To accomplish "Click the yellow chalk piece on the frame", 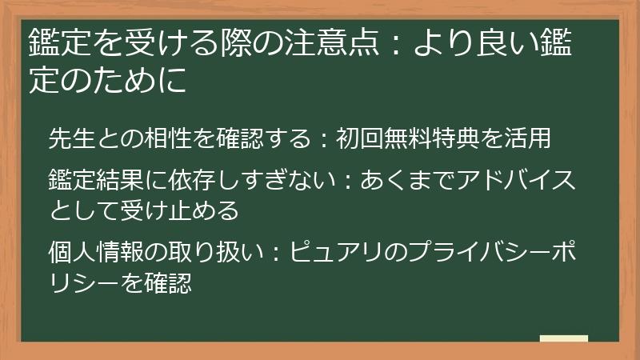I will tap(563, 338).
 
